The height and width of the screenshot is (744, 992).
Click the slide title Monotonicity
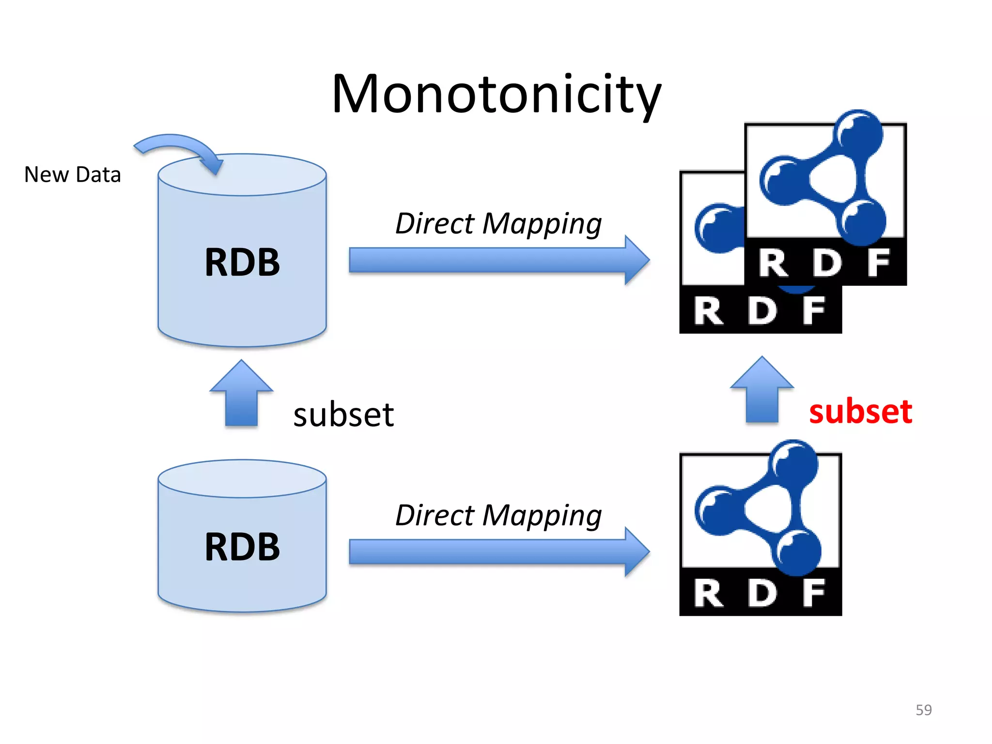click(x=496, y=94)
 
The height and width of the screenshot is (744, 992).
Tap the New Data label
click(x=73, y=175)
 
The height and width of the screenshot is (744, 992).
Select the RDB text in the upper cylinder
click(x=242, y=263)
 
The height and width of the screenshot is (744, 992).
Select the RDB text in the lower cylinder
click(x=242, y=547)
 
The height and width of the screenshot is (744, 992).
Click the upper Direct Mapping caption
click(x=498, y=224)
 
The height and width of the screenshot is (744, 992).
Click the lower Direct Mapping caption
click(x=498, y=515)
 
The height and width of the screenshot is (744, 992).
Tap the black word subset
click(x=343, y=415)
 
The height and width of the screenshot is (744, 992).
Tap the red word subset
click(x=861, y=412)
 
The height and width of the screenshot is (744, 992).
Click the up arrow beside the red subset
click(x=762, y=390)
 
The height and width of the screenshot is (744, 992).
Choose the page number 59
click(x=924, y=710)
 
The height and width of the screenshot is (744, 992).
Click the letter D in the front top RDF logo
click(x=827, y=263)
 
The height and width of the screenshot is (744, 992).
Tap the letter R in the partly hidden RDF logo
click(x=708, y=311)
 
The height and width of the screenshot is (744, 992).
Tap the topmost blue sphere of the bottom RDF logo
click(x=794, y=463)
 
